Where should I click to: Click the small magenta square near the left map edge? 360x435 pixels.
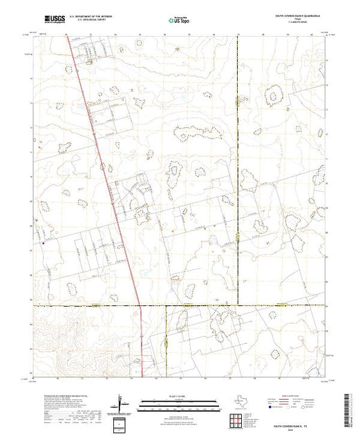(43, 242)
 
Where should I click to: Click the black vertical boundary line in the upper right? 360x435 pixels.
(238, 138)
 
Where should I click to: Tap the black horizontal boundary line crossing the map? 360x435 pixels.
(207, 304)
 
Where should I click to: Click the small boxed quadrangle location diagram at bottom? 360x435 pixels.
(122, 423)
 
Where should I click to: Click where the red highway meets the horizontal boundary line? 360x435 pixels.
(140, 304)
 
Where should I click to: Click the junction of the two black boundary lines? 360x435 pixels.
(238, 304)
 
